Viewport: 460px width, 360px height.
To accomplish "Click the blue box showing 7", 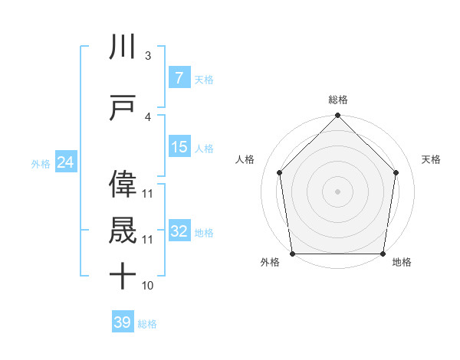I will (179, 77).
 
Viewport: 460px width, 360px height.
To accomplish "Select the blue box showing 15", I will (179, 146).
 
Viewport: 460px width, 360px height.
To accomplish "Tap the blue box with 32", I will (179, 231).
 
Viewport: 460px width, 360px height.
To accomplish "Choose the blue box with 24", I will (66, 162).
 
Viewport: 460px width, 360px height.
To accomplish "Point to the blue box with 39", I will (123, 322).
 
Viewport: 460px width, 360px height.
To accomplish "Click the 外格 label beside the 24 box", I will (41, 163).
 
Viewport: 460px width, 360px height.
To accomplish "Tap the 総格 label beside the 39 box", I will (147, 324).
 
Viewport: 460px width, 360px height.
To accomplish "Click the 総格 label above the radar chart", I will (338, 100).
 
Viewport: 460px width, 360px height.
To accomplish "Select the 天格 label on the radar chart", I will (431, 159).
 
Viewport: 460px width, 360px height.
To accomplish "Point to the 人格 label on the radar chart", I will (245, 159).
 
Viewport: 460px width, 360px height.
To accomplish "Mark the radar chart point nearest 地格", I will (383, 254).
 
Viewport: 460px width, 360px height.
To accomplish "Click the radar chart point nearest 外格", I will (292, 254).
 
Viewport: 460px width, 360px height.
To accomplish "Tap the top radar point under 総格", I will (338, 116).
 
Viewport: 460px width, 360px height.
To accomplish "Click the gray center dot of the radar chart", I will (338, 191).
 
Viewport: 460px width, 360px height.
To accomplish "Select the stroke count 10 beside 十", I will (147, 286).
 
